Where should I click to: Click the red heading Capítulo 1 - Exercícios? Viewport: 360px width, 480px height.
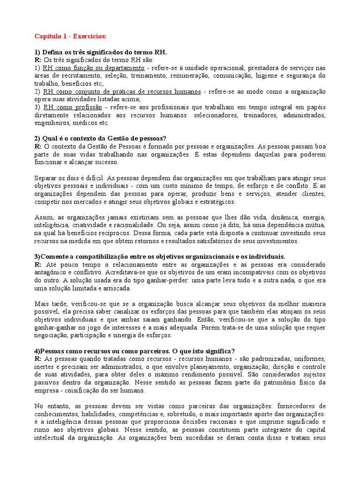point(70,36)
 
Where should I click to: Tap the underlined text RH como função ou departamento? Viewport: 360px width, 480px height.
point(93,67)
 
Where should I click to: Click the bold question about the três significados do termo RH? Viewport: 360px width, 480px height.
point(100,52)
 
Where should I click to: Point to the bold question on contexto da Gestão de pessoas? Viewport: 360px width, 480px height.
point(100,138)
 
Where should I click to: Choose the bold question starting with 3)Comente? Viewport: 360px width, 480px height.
point(159,256)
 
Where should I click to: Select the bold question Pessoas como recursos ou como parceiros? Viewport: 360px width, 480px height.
point(135,351)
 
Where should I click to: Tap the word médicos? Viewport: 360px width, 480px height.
point(83,123)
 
